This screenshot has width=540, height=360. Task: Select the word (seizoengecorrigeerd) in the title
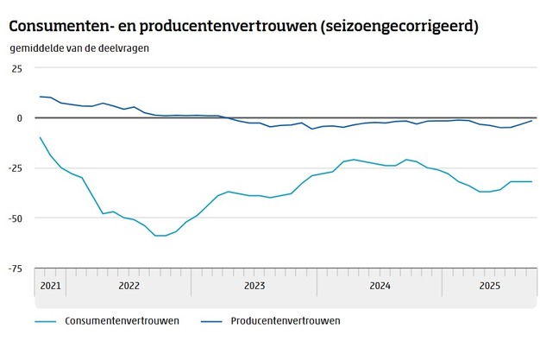coord(399,27)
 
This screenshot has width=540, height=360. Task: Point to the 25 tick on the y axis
coord(17,67)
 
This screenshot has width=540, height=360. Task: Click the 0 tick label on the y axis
coord(20,117)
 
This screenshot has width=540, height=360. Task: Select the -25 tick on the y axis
coord(16,167)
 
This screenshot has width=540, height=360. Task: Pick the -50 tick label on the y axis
coord(16,218)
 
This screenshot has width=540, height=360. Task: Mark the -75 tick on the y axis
coord(16,268)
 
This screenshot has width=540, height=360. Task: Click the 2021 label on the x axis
coord(50,284)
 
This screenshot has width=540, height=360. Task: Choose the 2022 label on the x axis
coord(129,284)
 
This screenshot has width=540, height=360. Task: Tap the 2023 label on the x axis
coord(254,284)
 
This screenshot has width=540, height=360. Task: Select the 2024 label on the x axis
coord(380,284)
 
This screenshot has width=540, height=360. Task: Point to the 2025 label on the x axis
coord(489,284)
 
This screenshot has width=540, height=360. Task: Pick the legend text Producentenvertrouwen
coord(286,321)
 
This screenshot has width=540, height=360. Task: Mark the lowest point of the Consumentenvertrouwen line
coord(160,236)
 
